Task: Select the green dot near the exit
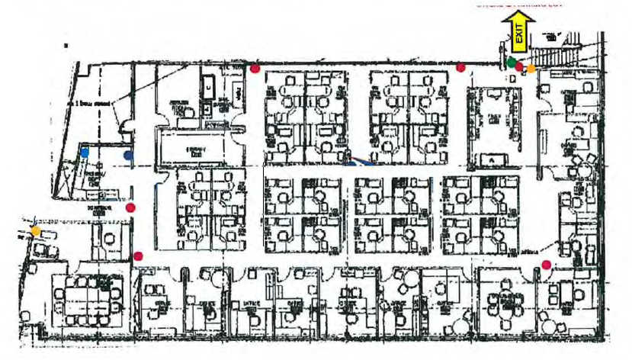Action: pyautogui.click(x=511, y=63)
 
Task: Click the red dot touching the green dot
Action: pyautogui.click(x=518, y=67)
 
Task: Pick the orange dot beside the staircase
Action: pyautogui.click(x=531, y=69)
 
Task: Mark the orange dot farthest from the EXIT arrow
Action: pyautogui.click(x=35, y=230)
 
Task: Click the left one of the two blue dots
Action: pyautogui.click(x=85, y=153)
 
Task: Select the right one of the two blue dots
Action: pyautogui.click(x=128, y=155)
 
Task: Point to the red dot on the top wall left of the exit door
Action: pyautogui.click(x=460, y=68)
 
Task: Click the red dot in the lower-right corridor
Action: pyautogui.click(x=546, y=265)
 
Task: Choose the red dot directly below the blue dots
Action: pyautogui.click(x=130, y=207)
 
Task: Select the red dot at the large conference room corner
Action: pyautogui.click(x=138, y=256)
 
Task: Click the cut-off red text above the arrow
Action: pyautogui.click(x=518, y=4)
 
